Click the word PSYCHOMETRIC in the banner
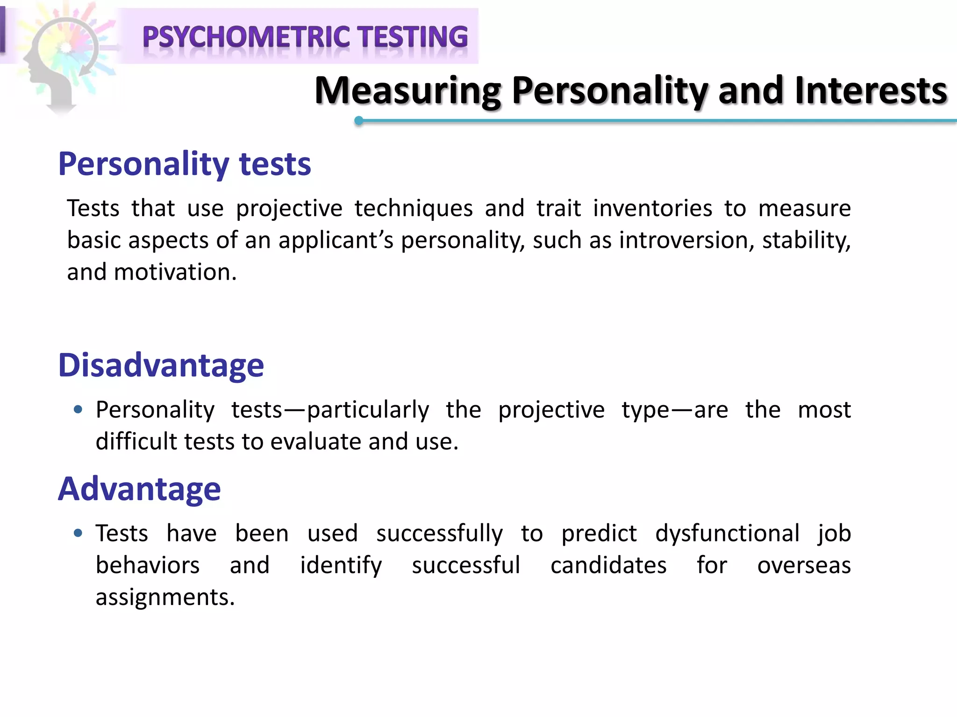point(246,37)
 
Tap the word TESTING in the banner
point(413,37)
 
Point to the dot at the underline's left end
point(359,121)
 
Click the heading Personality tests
point(185,164)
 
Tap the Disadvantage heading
point(161,365)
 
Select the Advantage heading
point(139,489)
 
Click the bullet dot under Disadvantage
point(78,410)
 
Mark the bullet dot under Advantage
point(78,533)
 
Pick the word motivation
point(175,272)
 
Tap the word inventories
point(652,208)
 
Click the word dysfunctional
point(727,534)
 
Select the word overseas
point(804,565)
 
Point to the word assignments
point(165,597)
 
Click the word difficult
point(136,442)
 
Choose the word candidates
point(608,565)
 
